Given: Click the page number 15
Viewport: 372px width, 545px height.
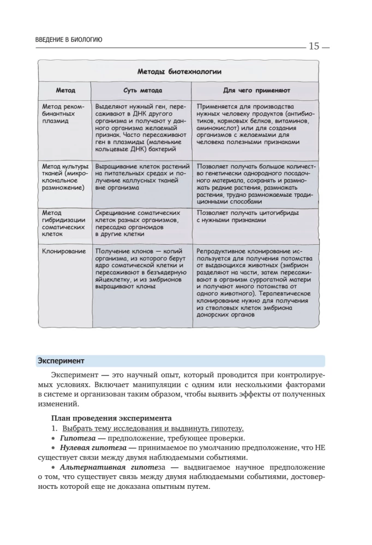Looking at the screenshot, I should coord(314,46).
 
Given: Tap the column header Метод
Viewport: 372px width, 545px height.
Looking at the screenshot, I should coord(65,89).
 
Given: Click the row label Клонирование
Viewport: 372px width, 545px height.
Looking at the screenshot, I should coord(64,251).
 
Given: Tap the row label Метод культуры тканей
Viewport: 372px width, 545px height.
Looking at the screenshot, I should coord(64,177).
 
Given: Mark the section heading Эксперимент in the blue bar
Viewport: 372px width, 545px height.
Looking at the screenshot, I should coord(61,361).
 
